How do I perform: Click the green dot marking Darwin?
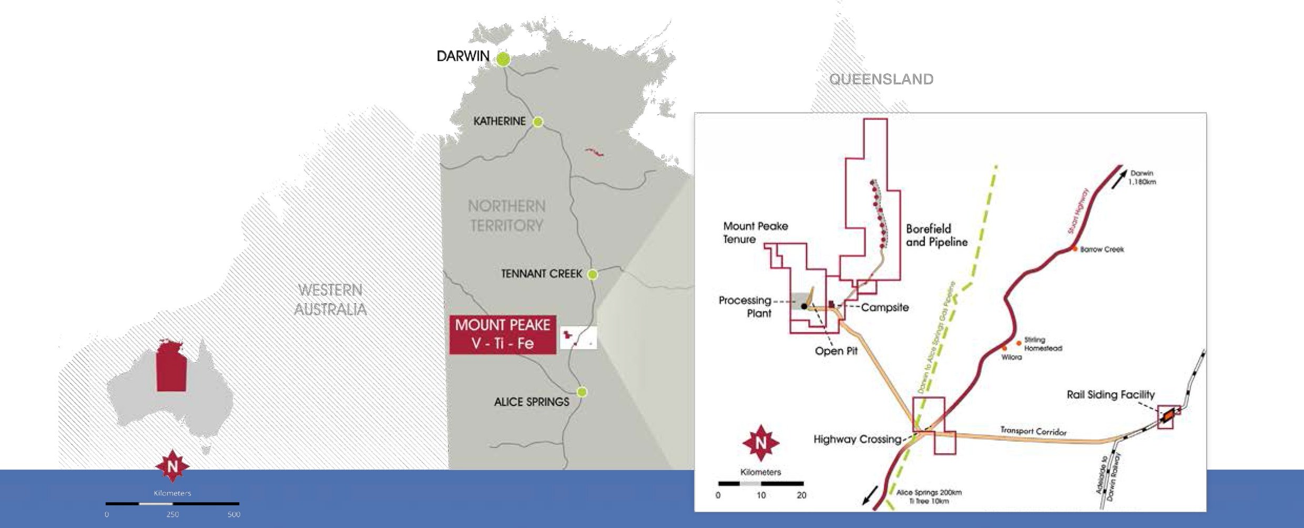point(504,59)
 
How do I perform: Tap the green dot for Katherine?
point(537,122)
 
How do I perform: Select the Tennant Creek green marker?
point(592,274)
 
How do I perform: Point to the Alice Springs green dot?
point(582,392)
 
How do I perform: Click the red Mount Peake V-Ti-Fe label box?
point(502,334)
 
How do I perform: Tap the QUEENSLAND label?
point(881,79)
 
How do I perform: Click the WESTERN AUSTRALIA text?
point(330,300)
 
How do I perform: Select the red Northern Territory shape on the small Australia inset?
point(171,367)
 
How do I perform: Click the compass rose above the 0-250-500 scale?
point(172,466)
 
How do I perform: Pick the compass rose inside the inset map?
point(760,443)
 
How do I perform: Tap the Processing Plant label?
point(746,306)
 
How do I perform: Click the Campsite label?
point(884,307)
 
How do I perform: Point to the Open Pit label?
point(836,351)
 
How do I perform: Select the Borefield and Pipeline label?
point(936,235)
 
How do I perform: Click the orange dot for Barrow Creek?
point(1075,249)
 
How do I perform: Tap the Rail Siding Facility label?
point(1111,395)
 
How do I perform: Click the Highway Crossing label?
point(857,439)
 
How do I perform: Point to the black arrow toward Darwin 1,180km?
point(1118,180)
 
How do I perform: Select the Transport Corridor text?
point(1033,431)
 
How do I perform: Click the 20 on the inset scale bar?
point(801,495)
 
